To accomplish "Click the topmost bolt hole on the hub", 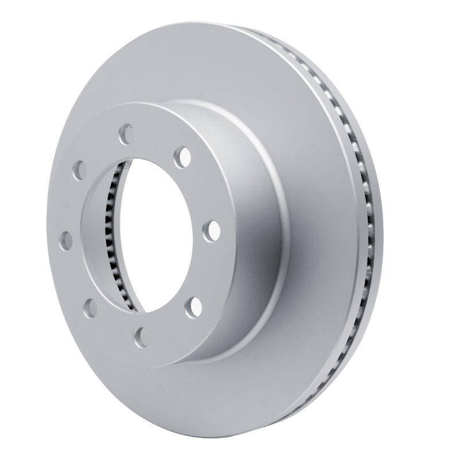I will click(x=126, y=134).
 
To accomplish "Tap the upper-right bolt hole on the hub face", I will click(x=184, y=155).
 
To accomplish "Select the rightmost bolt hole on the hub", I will click(x=212, y=230).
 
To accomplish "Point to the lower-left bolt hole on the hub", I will click(x=90, y=309).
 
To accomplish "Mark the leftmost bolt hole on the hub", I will click(x=66, y=240).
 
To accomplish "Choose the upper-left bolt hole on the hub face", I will click(x=79, y=170).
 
